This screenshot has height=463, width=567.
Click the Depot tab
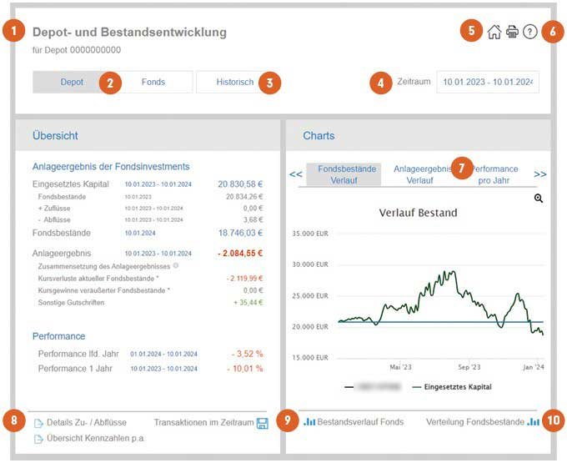coord(72,82)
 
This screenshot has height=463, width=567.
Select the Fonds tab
coord(153,82)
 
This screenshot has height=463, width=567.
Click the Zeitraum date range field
coord(488,82)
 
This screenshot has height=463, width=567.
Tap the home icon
coord(494,33)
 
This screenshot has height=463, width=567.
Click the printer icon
coord(512,33)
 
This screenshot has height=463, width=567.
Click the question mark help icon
coord(529,33)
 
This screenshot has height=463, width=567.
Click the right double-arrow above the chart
coord(540,174)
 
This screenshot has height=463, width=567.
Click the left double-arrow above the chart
coord(296,174)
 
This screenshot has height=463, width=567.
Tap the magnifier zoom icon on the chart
coord(539,199)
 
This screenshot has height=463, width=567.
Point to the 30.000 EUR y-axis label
coord(309,264)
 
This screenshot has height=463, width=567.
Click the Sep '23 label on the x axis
coord(469,366)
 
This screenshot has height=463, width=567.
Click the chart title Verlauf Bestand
coord(419,213)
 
